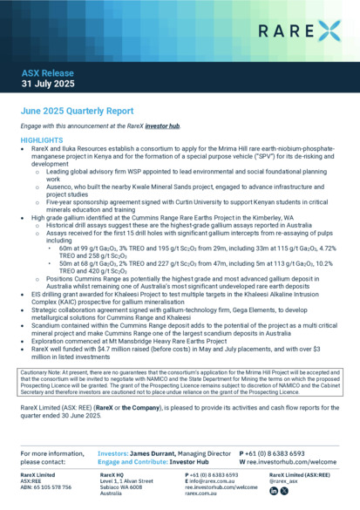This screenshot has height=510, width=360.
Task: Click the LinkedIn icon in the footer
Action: (273, 492)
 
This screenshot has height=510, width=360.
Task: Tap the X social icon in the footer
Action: (284, 492)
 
